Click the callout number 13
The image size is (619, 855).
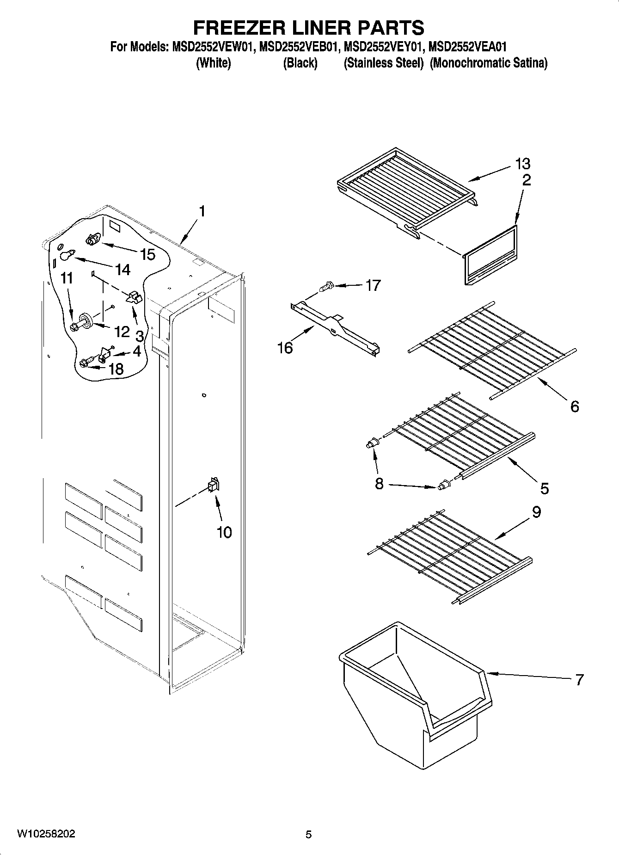(523, 163)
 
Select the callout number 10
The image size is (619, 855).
(224, 532)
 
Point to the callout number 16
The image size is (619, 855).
(285, 347)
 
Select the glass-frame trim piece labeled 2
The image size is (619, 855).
(491, 255)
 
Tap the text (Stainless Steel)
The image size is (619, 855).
(383, 63)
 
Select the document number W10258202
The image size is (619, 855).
(46, 834)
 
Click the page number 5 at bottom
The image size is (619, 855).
(308, 835)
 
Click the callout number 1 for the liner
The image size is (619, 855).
(202, 211)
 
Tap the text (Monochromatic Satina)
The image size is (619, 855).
(488, 63)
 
